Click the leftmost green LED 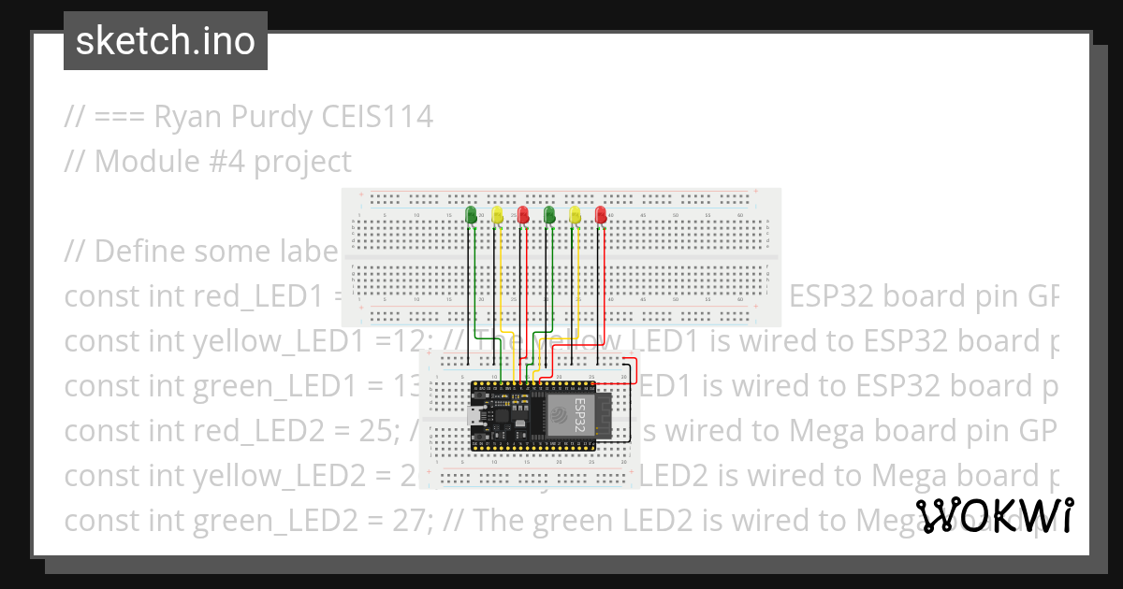point(472,214)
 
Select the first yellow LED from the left point(498,215)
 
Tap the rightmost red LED point(601,215)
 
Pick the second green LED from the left point(549,215)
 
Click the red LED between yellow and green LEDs point(524,215)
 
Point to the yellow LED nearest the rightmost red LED point(576,215)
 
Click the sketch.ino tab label point(165,41)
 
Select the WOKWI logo point(994,515)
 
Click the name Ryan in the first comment point(182,117)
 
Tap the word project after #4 point(302,162)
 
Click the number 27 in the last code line point(410,520)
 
